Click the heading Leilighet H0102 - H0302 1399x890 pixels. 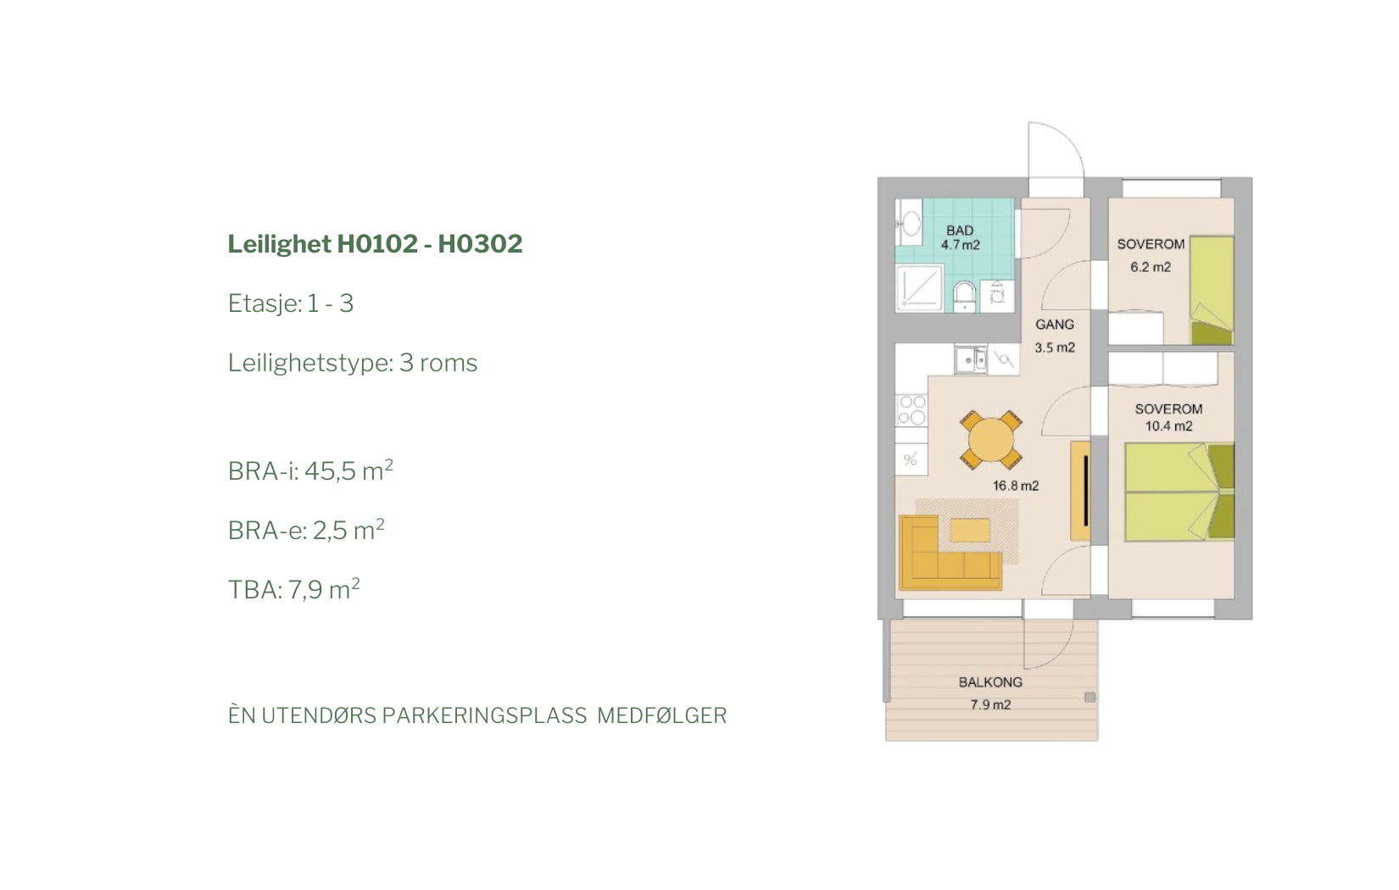coord(375,244)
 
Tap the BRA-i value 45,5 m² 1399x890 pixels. coord(348,470)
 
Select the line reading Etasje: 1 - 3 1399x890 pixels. coord(291,303)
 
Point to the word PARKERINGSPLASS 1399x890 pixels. coord(484,715)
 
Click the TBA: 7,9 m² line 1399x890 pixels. coord(293,589)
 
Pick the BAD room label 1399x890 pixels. coord(960,231)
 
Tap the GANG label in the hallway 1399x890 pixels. coord(1055,325)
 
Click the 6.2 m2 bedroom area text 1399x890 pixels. coord(1151,267)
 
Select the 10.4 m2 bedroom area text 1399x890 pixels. coord(1168,426)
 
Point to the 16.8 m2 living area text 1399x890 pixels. coord(1016,486)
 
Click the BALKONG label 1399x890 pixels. coord(990,682)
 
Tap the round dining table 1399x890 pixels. coord(991,440)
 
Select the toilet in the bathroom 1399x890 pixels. coord(965,296)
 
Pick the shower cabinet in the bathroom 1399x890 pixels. coord(919,288)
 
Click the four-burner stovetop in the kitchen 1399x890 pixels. coord(911,409)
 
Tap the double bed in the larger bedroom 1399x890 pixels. coord(1179,492)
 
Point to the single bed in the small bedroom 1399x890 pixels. coord(1212,291)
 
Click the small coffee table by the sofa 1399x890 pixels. coord(970,531)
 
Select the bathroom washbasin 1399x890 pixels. coord(909,223)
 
